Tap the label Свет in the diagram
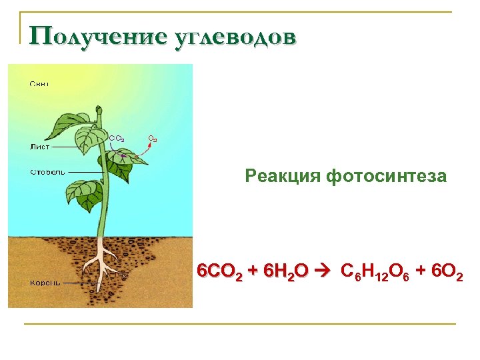(39, 84)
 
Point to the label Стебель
(47, 172)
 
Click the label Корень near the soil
(45, 282)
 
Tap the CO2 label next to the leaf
(116, 138)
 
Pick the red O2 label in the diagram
(153, 139)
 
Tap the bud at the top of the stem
(99, 109)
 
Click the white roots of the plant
(104, 264)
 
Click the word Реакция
(283, 176)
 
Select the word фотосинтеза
(387, 176)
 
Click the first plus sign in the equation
(252, 271)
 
